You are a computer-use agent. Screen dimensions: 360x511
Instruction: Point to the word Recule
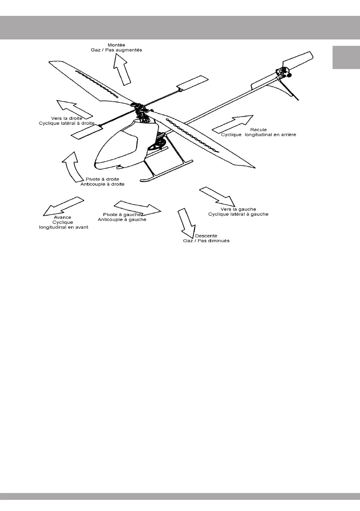(258, 129)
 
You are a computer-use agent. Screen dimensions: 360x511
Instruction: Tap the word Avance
(63, 217)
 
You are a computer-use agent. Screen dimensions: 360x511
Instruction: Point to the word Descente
(206, 236)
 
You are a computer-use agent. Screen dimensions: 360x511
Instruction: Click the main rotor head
(140, 109)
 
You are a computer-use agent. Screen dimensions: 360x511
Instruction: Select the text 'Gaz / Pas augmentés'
(119, 50)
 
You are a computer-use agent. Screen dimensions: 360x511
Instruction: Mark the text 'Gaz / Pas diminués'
(206, 241)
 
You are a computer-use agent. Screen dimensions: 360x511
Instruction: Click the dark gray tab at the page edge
(346, 57)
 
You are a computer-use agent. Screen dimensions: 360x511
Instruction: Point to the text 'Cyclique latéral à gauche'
(238, 214)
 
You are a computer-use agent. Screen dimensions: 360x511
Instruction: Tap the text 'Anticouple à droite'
(102, 184)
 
